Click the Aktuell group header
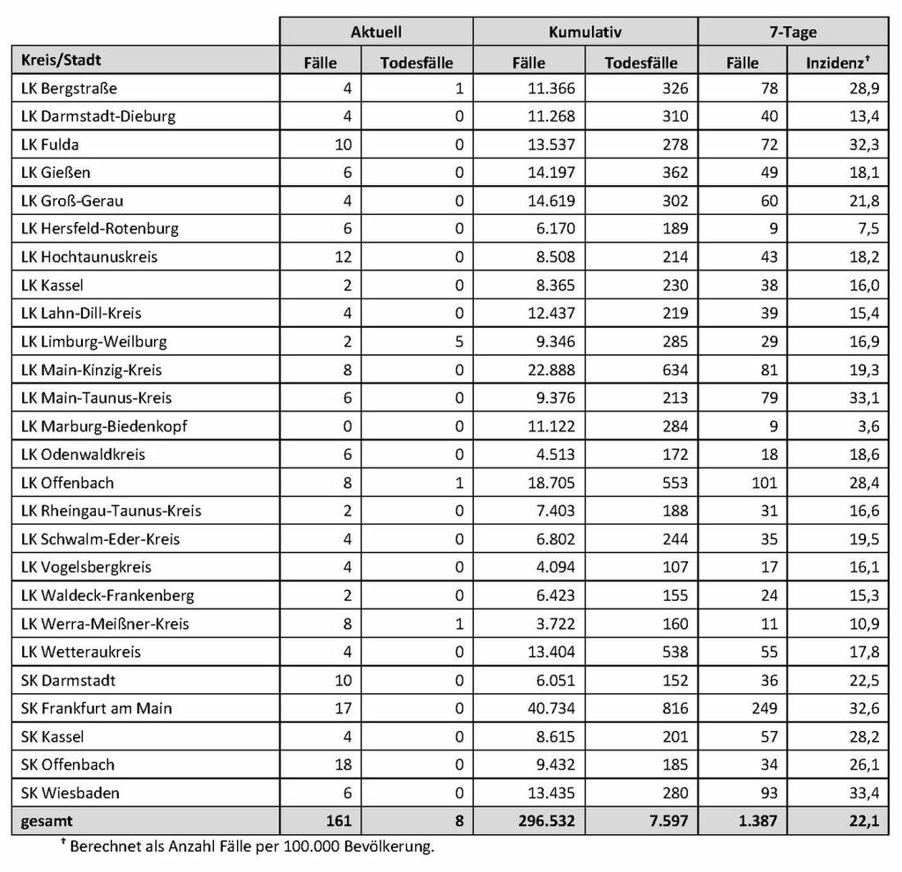pos(376,32)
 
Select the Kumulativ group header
pos(585,32)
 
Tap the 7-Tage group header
pos(793,32)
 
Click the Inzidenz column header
pos(838,63)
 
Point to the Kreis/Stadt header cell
pos(62,61)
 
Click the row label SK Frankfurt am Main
pos(96,708)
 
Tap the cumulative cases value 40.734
pos(551,708)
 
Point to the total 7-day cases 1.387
pos(758,821)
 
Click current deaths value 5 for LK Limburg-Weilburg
pos(458,342)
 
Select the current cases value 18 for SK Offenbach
pos(343,765)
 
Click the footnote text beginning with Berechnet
pos(251,847)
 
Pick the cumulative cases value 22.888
pos(551,370)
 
